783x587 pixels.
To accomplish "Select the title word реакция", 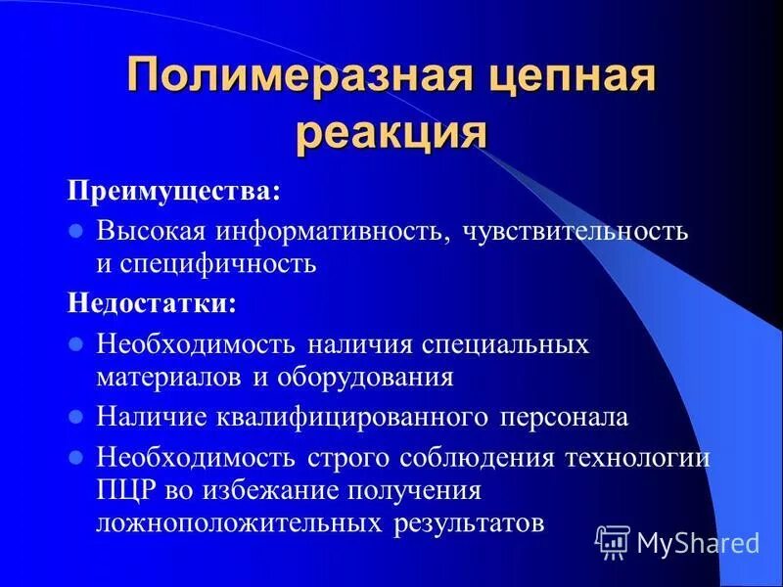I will [391, 131].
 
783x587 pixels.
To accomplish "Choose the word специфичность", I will [221, 264].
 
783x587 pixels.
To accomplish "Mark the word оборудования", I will [373, 377].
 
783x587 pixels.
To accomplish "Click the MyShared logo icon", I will [613, 541].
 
